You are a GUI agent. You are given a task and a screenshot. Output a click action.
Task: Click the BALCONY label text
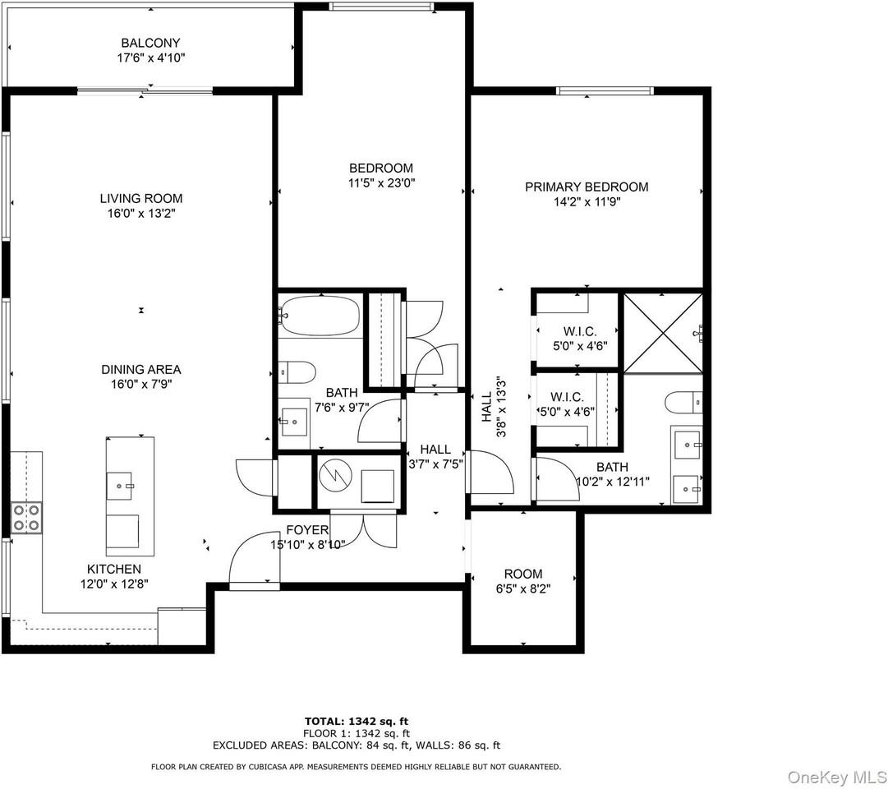point(150,43)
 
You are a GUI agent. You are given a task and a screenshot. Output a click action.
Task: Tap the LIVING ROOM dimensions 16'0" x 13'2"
point(141,214)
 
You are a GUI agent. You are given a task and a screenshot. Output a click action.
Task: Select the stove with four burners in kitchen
point(26,518)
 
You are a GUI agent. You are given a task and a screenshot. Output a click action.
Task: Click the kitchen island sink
point(130,485)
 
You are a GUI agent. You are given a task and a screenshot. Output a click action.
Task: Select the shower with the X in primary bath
point(662,331)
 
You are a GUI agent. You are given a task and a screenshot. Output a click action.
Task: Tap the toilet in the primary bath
point(682,402)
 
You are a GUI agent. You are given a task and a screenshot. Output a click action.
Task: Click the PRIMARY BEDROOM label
point(587,187)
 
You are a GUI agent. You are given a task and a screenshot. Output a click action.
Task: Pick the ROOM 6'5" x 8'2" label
point(523,581)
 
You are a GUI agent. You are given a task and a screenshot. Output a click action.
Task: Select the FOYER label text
point(307,529)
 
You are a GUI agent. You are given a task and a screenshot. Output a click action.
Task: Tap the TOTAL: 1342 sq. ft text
point(356,720)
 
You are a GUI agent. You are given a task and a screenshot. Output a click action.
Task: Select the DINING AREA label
point(141,370)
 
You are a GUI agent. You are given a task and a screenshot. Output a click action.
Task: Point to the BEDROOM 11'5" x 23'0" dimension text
point(380,184)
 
